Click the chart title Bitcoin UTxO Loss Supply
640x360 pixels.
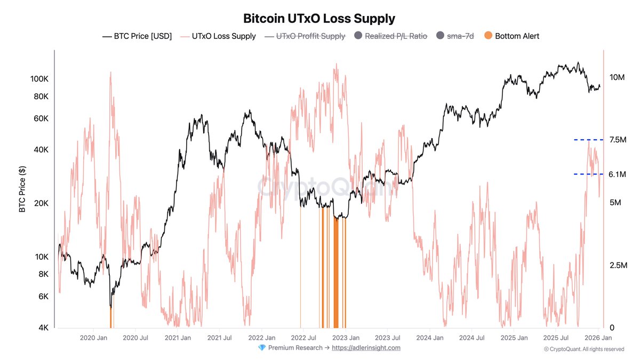[x=319, y=19]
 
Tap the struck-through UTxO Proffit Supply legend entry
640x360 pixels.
[x=310, y=36]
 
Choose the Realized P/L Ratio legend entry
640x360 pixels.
[x=396, y=36]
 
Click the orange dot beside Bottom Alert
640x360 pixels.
[x=489, y=36]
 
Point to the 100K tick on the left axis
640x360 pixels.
[x=40, y=79]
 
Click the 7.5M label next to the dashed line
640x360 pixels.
[x=617, y=140]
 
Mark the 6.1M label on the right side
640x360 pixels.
[x=617, y=174]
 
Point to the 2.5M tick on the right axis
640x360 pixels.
[x=617, y=266]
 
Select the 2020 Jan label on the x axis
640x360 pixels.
[x=94, y=338]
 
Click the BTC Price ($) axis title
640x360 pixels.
[x=22, y=189]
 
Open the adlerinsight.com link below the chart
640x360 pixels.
[x=366, y=348]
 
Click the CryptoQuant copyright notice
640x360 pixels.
[x=583, y=349]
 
